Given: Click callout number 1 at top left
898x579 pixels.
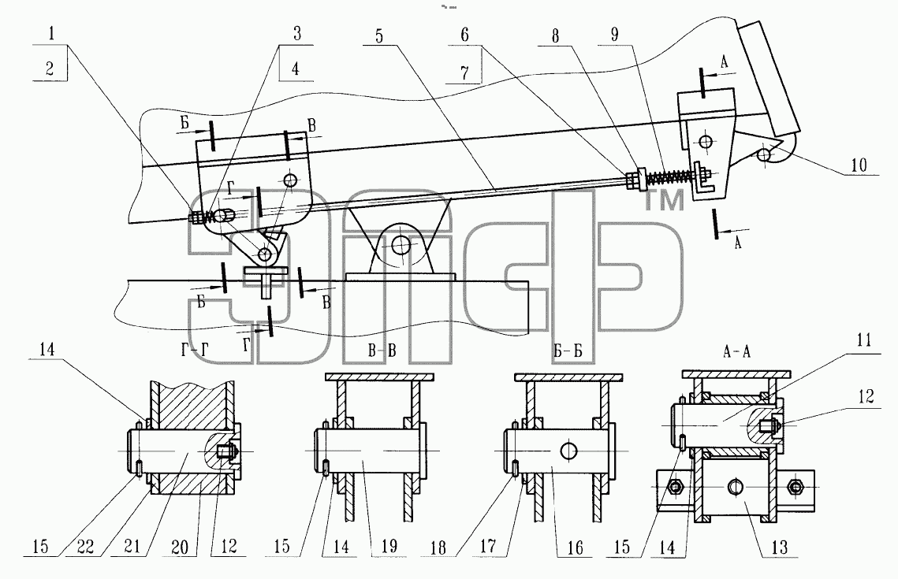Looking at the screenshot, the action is (x=51, y=32).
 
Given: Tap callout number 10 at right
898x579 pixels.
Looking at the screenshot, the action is (x=859, y=165).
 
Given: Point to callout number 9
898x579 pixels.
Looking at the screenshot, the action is (x=615, y=35).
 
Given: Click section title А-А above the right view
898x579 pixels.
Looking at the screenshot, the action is (x=736, y=351).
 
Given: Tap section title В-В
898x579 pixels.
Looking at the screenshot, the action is (x=382, y=351).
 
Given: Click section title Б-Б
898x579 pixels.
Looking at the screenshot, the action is (x=568, y=351).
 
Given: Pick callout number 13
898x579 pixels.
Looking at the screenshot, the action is (x=780, y=547).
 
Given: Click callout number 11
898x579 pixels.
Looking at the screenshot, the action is (x=863, y=341).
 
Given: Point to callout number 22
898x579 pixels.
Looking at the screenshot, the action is (x=85, y=547).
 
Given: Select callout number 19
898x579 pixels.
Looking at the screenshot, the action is (x=389, y=547).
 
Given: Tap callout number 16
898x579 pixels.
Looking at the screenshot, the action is (x=575, y=547).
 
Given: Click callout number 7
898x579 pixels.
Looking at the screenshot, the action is (x=464, y=72).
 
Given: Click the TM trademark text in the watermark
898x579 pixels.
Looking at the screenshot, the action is (x=665, y=202).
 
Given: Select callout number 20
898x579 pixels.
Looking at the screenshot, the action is (x=180, y=547).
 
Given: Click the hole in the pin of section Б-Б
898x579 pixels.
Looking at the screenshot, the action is (x=569, y=451).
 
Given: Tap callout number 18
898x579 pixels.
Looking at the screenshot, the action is (x=438, y=547).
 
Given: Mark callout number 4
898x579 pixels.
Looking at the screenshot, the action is (x=295, y=69).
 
